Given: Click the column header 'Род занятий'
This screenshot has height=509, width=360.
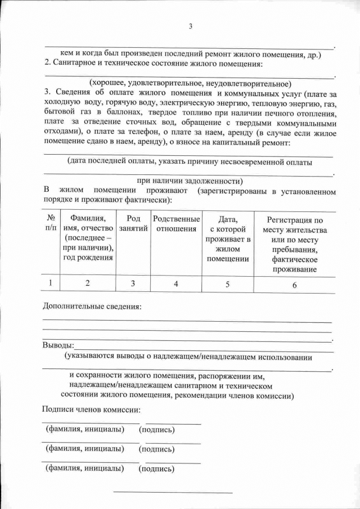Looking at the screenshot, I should [x=133, y=223].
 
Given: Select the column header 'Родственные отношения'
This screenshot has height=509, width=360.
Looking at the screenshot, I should [x=176, y=223].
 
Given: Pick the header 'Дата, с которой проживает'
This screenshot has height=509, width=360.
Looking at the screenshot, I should [x=227, y=239].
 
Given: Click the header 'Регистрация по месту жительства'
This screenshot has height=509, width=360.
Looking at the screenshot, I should [x=294, y=245].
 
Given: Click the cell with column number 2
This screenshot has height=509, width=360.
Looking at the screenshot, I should [x=87, y=283].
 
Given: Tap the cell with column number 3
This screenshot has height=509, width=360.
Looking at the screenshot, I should [x=133, y=284].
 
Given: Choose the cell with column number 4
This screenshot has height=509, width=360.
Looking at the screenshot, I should [x=176, y=284].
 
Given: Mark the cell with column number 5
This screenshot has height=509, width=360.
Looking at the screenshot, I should [x=227, y=284].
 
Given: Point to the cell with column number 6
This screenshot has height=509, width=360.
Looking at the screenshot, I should [x=294, y=285].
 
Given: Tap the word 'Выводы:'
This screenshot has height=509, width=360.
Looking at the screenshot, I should [x=58, y=345].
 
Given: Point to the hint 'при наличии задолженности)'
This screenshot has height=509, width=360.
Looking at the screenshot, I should [x=190, y=181].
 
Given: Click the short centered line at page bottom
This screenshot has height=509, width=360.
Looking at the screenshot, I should [x=173, y=493].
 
